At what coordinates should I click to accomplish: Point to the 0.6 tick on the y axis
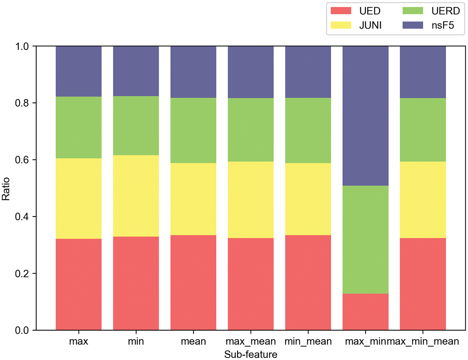pyautogui.click(x=22, y=160)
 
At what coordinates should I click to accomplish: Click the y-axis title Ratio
pyautogui.click(x=6, y=189)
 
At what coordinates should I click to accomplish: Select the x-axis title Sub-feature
pyautogui.click(x=251, y=354)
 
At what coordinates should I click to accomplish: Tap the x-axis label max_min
pyautogui.click(x=365, y=341)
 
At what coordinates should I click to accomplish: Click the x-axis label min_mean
pyautogui.click(x=308, y=341)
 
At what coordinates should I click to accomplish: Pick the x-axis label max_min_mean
pyautogui.click(x=424, y=341)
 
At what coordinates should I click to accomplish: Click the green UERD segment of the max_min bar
pyautogui.click(x=365, y=240)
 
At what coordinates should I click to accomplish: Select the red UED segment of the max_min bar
pyautogui.click(x=365, y=312)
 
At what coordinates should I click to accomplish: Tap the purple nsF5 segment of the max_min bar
pyautogui.click(x=365, y=116)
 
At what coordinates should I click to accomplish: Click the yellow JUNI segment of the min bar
pyautogui.click(x=136, y=196)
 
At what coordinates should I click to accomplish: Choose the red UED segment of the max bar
pyautogui.click(x=79, y=284)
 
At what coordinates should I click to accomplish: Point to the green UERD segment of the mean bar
pyautogui.click(x=193, y=130)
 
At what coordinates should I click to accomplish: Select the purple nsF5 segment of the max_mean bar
pyautogui.click(x=251, y=72)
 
